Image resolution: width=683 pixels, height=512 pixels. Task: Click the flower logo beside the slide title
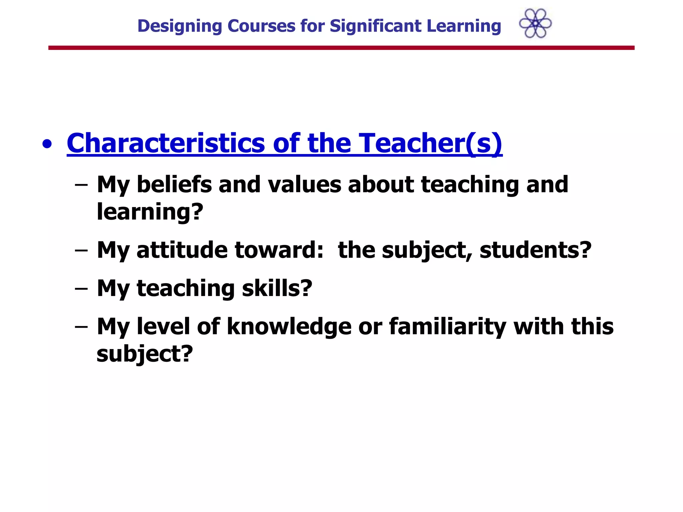pos(535,23)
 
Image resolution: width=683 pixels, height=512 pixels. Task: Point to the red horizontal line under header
pos(341,48)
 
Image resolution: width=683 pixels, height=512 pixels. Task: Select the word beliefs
pos(174,184)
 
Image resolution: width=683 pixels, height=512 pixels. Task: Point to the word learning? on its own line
pos(150,212)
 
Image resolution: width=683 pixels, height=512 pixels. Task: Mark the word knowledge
pos(289,326)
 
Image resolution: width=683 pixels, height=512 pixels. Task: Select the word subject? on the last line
pos(145,354)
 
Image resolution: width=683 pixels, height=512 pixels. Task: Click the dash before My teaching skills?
pos(81,289)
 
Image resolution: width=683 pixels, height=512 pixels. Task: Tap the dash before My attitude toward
pos(81,251)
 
